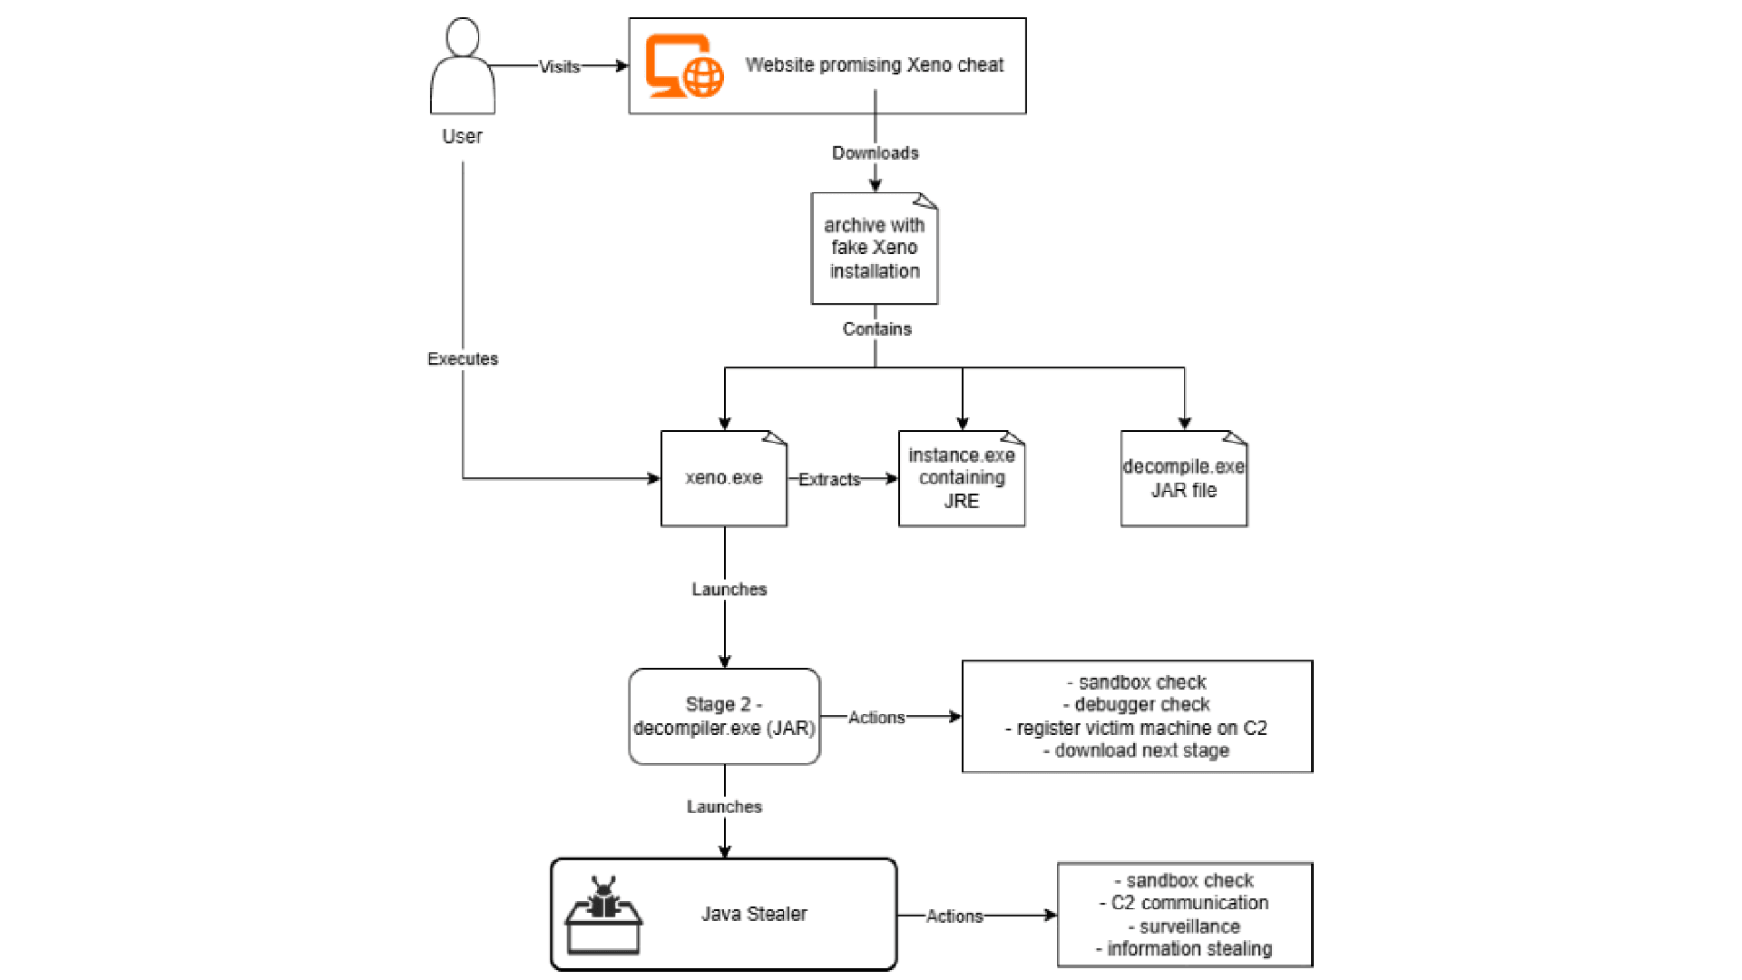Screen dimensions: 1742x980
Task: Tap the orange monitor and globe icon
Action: click(x=684, y=65)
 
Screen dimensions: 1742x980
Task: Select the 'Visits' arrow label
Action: click(x=559, y=66)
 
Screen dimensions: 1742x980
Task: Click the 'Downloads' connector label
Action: click(x=876, y=152)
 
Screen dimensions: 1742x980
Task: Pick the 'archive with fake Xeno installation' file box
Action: click(x=875, y=248)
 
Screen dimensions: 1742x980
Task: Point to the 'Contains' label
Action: click(x=876, y=328)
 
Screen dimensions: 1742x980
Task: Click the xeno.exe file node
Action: click(x=724, y=478)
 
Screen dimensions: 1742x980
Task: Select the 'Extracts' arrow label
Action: click(x=829, y=479)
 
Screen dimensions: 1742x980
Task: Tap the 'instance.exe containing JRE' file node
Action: click(x=962, y=478)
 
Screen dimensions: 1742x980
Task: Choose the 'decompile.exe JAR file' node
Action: click(x=1184, y=478)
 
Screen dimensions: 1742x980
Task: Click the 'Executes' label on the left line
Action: click(x=463, y=358)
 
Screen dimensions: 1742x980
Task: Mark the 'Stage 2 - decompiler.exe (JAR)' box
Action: click(x=724, y=716)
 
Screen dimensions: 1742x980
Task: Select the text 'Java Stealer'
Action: click(x=754, y=914)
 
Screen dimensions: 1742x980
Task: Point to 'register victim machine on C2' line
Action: click(x=1136, y=728)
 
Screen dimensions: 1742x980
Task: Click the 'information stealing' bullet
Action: click(x=1184, y=948)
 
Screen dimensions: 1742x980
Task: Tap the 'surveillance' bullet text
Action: click(x=1184, y=926)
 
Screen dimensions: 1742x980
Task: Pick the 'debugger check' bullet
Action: click(x=1136, y=704)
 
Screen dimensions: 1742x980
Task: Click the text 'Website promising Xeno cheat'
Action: click(x=875, y=64)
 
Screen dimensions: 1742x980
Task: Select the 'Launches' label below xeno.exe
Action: click(x=729, y=589)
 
